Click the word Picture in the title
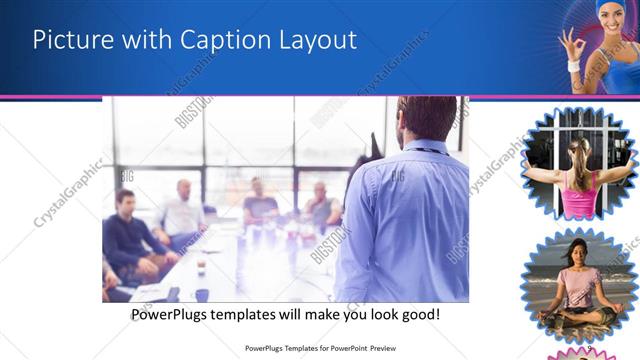point(71,40)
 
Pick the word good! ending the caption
point(418,314)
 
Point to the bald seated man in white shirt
point(181,210)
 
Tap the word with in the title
point(145,40)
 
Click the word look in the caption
point(363,314)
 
